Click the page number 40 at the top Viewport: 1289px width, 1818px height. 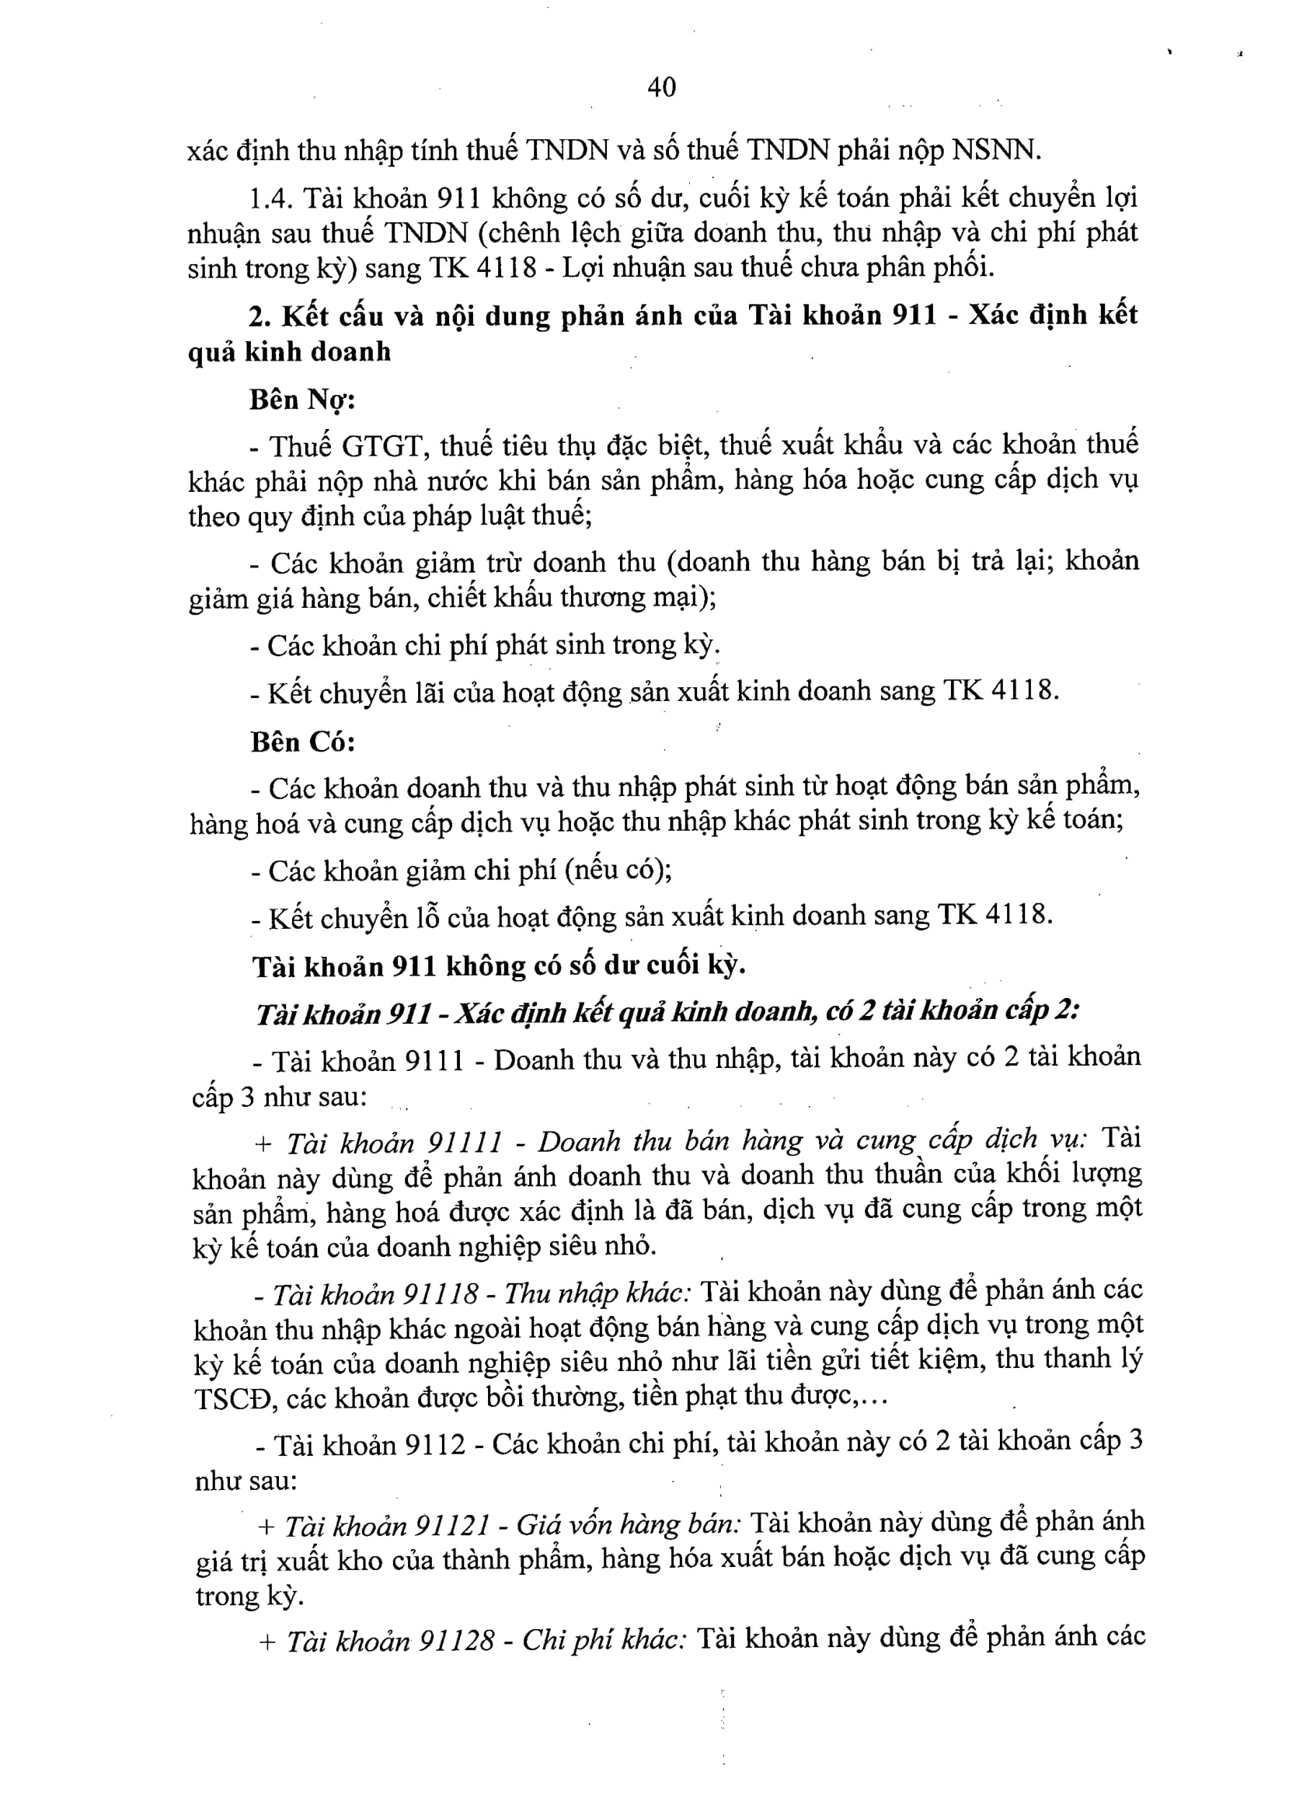[x=661, y=86]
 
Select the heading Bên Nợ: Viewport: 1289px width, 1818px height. [x=301, y=400]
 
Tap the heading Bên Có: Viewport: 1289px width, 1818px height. [x=302, y=742]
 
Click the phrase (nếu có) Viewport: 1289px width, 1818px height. [x=618, y=870]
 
